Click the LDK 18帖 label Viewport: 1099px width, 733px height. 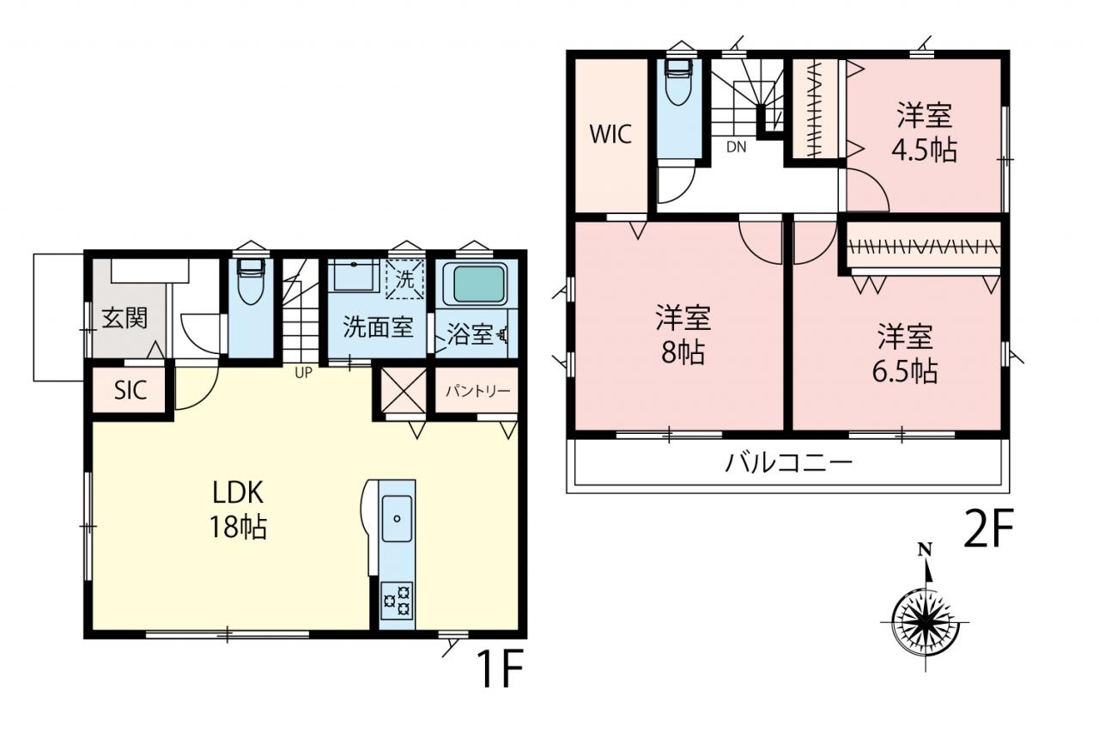point(239,510)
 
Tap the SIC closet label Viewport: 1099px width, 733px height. point(130,391)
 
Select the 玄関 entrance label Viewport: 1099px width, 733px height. point(124,319)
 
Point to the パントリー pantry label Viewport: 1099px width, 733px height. point(478,391)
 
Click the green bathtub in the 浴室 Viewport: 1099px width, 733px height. point(479,284)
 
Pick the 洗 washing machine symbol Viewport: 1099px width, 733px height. point(404,279)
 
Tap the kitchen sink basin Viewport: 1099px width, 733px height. point(397,518)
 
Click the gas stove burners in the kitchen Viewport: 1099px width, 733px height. point(397,601)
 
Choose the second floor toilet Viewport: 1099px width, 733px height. point(678,82)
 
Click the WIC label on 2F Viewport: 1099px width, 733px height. point(610,134)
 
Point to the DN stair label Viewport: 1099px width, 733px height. point(736,147)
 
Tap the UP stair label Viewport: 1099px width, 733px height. point(303,373)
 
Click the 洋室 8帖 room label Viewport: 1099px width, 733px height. point(683,334)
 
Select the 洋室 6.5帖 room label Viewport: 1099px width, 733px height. point(905,353)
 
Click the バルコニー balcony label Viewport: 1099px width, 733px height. point(788,463)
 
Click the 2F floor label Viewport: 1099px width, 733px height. point(988,528)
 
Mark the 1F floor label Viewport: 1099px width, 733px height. point(501,669)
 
